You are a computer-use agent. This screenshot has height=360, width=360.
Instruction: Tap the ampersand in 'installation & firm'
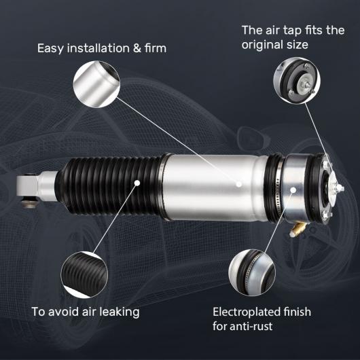(x=137, y=48)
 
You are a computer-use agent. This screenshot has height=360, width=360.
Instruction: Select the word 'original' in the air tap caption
(x=262, y=45)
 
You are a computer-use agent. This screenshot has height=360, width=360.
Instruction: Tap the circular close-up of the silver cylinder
(x=96, y=84)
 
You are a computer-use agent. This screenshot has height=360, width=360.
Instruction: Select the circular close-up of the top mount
(x=297, y=80)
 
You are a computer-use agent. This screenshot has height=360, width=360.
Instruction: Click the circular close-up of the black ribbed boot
(x=84, y=274)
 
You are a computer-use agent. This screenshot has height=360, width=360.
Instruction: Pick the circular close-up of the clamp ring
(x=252, y=273)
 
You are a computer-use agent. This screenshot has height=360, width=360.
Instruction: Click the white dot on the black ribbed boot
(x=137, y=183)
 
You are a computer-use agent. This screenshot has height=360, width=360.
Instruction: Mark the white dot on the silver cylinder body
(x=239, y=184)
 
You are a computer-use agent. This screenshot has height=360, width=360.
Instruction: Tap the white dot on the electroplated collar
(x=293, y=190)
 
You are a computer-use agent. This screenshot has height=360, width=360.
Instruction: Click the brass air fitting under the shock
(x=298, y=230)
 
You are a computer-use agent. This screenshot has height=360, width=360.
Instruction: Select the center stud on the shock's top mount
(x=340, y=189)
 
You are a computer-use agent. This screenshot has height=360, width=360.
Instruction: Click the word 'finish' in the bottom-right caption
(x=298, y=312)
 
